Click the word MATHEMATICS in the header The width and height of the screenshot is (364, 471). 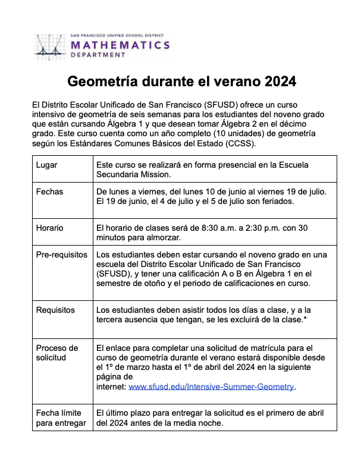(x=120, y=45)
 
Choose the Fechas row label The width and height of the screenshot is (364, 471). (x=49, y=192)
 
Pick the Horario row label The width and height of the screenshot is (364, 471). (x=50, y=228)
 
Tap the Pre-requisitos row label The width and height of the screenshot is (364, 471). (x=61, y=255)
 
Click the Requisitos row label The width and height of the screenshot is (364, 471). (x=55, y=310)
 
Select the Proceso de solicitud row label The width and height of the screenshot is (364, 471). (x=57, y=353)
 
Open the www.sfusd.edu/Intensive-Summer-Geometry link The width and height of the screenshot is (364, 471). (x=211, y=387)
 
